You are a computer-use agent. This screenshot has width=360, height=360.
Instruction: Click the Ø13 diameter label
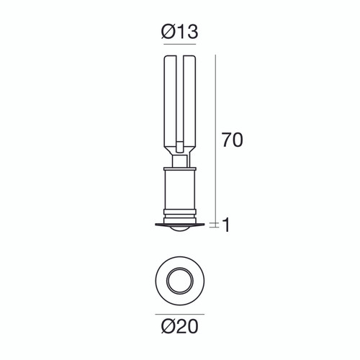pos(179,32)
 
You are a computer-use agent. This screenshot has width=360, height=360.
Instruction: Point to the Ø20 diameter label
pos(179,328)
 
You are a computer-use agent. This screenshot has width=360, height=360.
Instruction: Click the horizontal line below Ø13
pos(179,45)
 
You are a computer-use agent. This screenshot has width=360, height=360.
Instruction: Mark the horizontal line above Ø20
pos(179,315)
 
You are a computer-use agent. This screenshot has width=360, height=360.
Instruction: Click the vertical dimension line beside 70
pos(217,137)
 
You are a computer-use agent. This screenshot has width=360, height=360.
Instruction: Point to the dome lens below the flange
pos(180,230)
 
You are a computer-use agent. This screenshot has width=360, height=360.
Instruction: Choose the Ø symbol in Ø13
pos(166,32)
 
